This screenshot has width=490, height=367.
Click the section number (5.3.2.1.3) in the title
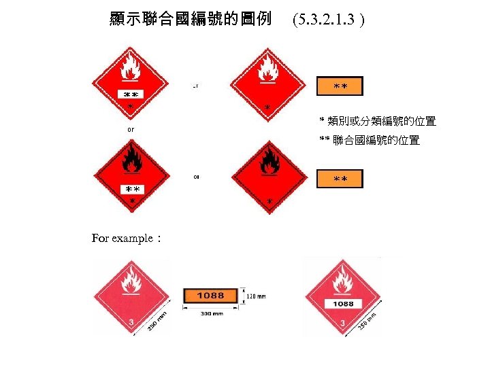click(x=327, y=19)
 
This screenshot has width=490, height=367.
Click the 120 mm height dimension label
click(x=256, y=296)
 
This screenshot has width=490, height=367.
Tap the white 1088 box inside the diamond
click(x=343, y=304)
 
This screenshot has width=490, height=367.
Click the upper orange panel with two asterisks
click(x=340, y=86)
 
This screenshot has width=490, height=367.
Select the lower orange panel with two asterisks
click(x=340, y=179)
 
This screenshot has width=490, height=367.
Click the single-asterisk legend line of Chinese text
click(x=378, y=121)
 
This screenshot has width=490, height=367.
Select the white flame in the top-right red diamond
click(x=269, y=67)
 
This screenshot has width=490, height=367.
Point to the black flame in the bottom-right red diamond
click(x=270, y=162)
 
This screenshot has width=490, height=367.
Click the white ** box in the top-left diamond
click(x=130, y=94)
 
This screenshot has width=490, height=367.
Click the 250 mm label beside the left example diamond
click(x=157, y=321)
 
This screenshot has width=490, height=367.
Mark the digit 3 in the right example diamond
click(x=342, y=324)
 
